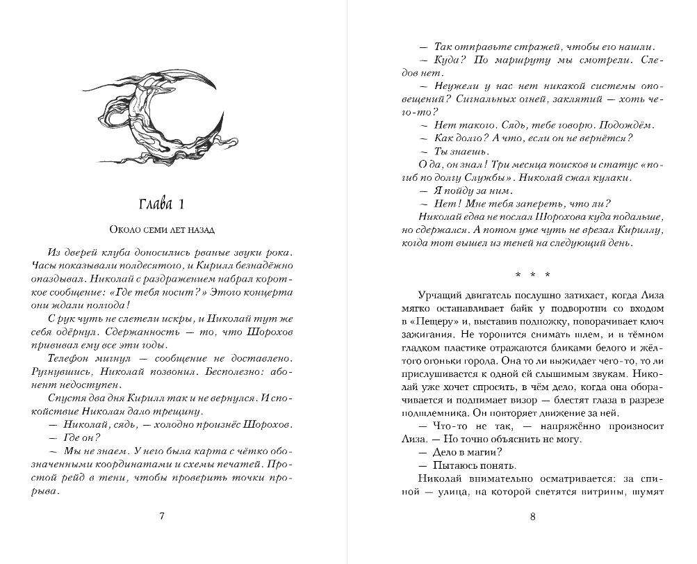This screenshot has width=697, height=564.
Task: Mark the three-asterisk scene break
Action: pyautogui.click(x=533, y=273)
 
